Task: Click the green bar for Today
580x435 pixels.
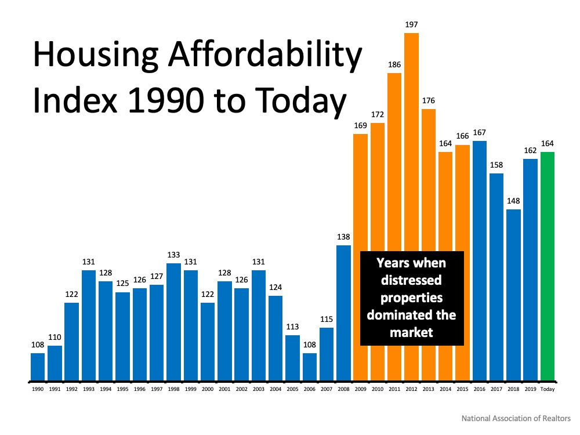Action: tap(548, 267)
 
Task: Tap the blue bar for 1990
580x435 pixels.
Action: tap(38, 367)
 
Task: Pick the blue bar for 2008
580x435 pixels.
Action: tap(344, 313)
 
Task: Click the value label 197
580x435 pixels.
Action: tap(412, 25)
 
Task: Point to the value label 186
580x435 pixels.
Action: tap(394, 65)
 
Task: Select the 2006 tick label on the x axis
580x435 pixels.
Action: tap(310, 390)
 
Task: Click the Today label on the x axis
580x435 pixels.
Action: tap(548, 390)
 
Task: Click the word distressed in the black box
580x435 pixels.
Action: tap(412, 281)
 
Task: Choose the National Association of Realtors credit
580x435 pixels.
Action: tap(516, 418)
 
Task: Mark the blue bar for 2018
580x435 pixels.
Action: tap(513, 295)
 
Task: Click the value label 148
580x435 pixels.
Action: tap(513, 201)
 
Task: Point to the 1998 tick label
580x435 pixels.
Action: tap(173, 390)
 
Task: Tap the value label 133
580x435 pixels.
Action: tap(173, 255)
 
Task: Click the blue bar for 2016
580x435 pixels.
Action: tap(480, 261)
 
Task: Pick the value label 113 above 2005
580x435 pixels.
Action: tap(293, 327)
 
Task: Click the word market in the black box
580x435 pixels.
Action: tap(412, 332)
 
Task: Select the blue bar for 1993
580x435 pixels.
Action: tap(89, 325)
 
